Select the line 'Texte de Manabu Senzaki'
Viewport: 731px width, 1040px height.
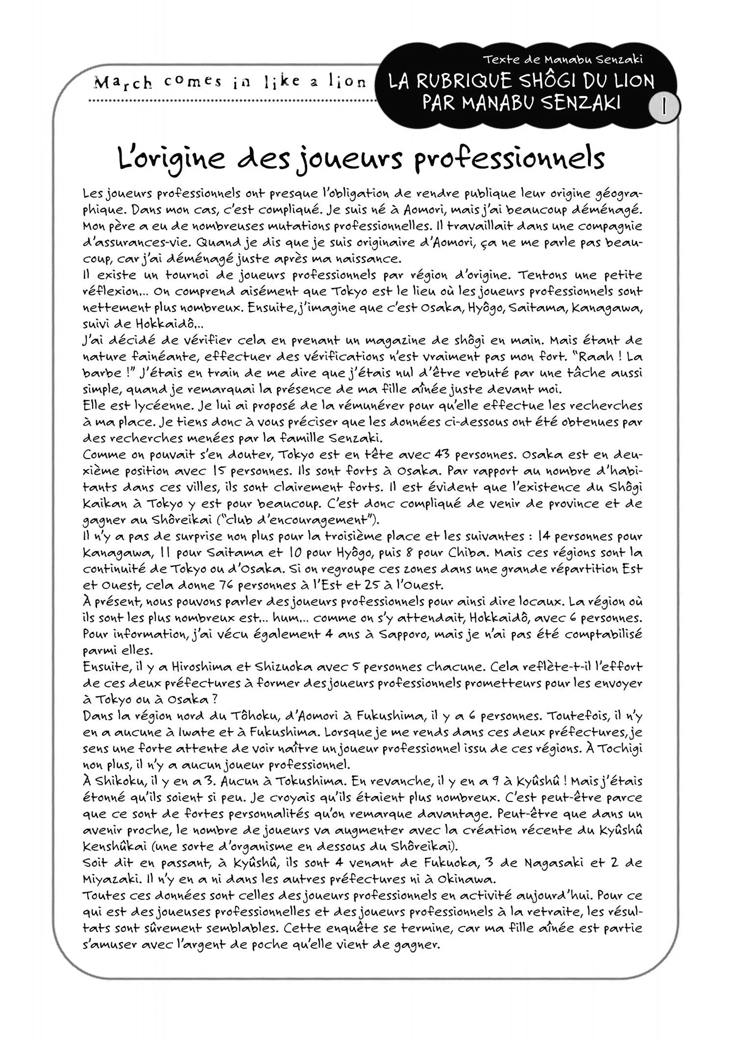coord(563,59)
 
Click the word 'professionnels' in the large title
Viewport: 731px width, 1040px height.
coord(509,158)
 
